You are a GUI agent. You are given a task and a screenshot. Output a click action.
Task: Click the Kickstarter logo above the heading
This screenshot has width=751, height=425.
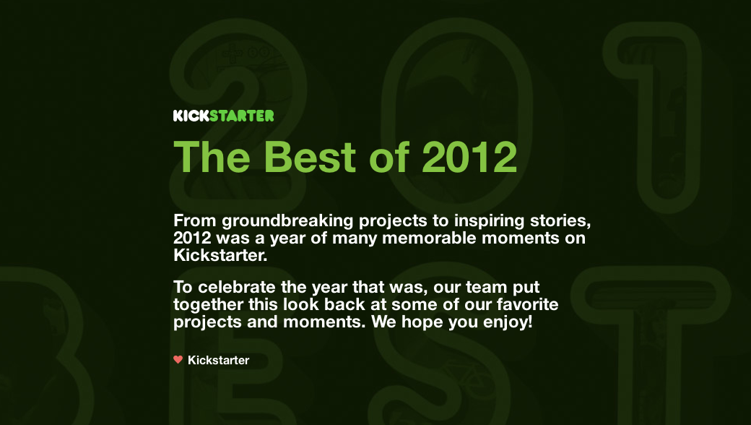224,116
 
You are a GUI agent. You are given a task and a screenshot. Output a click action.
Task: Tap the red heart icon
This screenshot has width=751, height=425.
178,359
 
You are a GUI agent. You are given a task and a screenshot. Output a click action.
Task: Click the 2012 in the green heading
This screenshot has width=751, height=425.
469,156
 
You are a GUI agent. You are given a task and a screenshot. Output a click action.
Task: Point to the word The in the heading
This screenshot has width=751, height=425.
212,156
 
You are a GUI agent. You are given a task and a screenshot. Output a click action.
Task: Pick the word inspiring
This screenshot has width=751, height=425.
489,221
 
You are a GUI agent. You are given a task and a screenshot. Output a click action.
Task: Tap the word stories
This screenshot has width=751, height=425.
560,221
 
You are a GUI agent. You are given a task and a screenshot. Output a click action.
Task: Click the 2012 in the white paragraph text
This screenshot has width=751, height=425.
192,238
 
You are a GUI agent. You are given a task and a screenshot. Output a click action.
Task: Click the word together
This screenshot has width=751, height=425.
209,305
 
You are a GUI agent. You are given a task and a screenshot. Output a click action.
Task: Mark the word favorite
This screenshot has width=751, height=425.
527,304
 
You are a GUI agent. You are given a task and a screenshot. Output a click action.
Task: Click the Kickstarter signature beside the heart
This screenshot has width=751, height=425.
218,361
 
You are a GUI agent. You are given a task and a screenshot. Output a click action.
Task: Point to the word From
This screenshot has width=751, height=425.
195,221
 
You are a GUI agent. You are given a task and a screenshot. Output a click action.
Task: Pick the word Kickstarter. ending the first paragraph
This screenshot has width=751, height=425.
220,255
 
